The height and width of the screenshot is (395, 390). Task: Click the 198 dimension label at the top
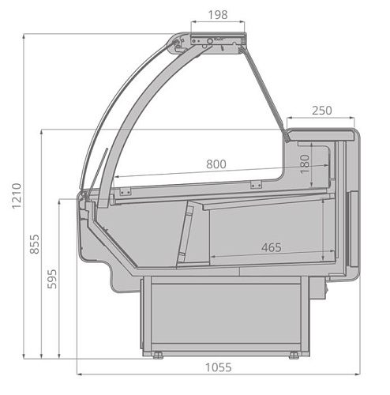pyautogui.click(x=218, y=15)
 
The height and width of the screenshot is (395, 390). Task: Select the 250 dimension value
pyautogui.click(x=322, y=111)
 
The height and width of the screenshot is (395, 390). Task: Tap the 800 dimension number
pyautogui.click(x=216, y=164)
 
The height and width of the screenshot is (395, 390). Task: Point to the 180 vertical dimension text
pyautogui.click(x=305, y=164)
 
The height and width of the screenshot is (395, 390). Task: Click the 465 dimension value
pyautogui.click(x=272, y=247)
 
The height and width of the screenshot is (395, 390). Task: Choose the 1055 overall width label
pyautogui.click(x=219, y=367)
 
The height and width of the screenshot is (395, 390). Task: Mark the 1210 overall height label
pyautogui.click(x=17, y=196)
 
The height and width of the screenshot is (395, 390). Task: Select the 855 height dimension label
pyautogui.click(x=34, y=244)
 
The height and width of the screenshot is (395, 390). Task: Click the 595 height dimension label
pyautogui.click(x=52, y=279)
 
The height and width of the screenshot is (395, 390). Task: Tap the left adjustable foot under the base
pyautogui.click(x=158, y=355)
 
